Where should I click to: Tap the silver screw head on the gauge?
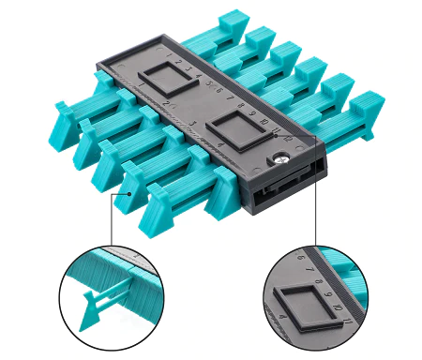pyautogui.click(x=277, y=160)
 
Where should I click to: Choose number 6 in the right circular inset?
pyautogui.click(x=299, y=255)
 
